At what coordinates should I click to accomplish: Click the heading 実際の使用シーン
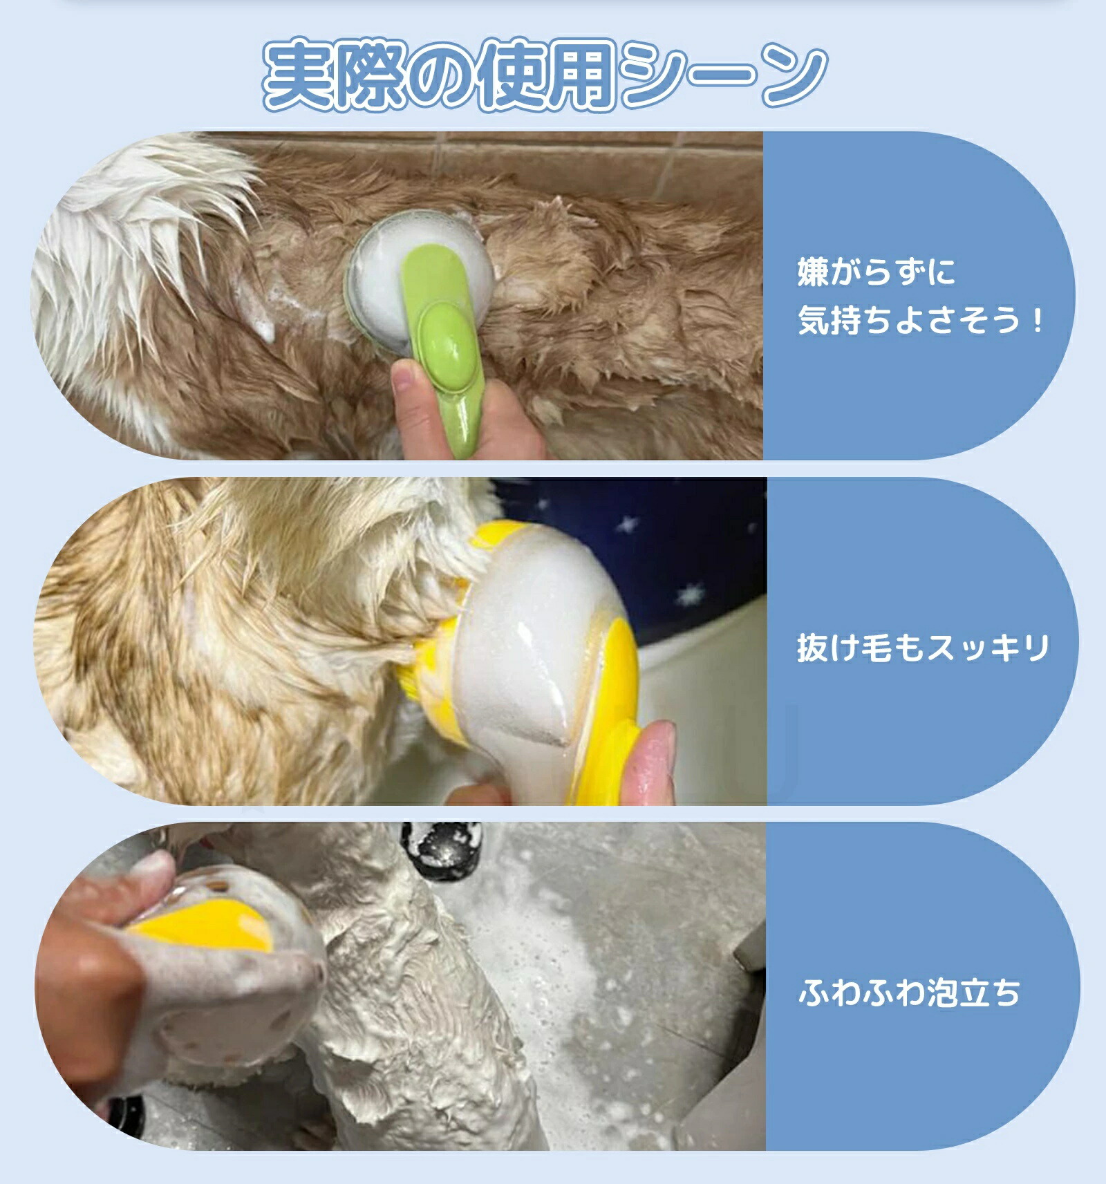pos(545,75)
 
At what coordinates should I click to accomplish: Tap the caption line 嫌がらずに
pos(877,272)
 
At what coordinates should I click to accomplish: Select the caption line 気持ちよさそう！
pos(920,321)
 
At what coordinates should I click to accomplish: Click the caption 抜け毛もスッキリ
pos(923,648)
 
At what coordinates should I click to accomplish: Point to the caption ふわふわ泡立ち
pos(909,993)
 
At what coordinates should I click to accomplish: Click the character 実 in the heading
pos(298,75)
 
